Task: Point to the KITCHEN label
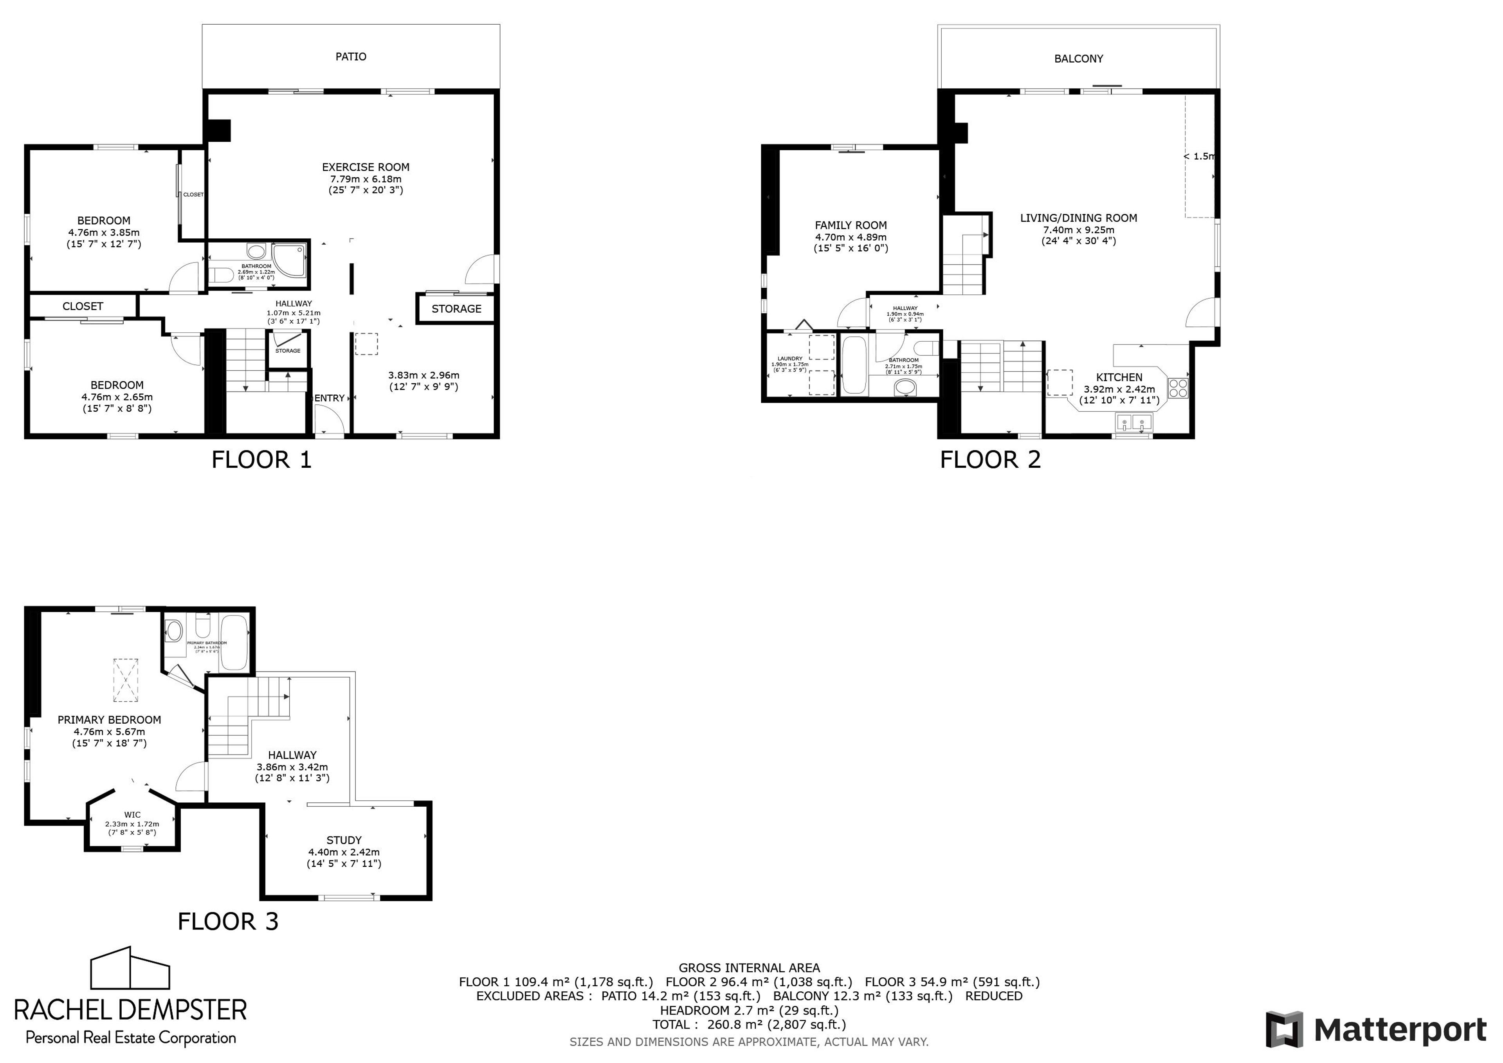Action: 1119,377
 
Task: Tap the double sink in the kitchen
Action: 1133,423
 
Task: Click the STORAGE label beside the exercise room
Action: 456,309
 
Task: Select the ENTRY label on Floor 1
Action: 329,398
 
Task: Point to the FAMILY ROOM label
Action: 851,225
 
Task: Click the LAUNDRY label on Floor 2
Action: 789,359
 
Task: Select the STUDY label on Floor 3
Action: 344,840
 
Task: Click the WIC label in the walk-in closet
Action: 132,815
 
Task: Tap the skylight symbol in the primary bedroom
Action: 126,679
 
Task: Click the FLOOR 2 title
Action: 990,459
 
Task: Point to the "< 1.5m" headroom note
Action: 1199,157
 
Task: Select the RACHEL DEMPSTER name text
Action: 130,1009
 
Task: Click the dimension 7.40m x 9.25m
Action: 1078,230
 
